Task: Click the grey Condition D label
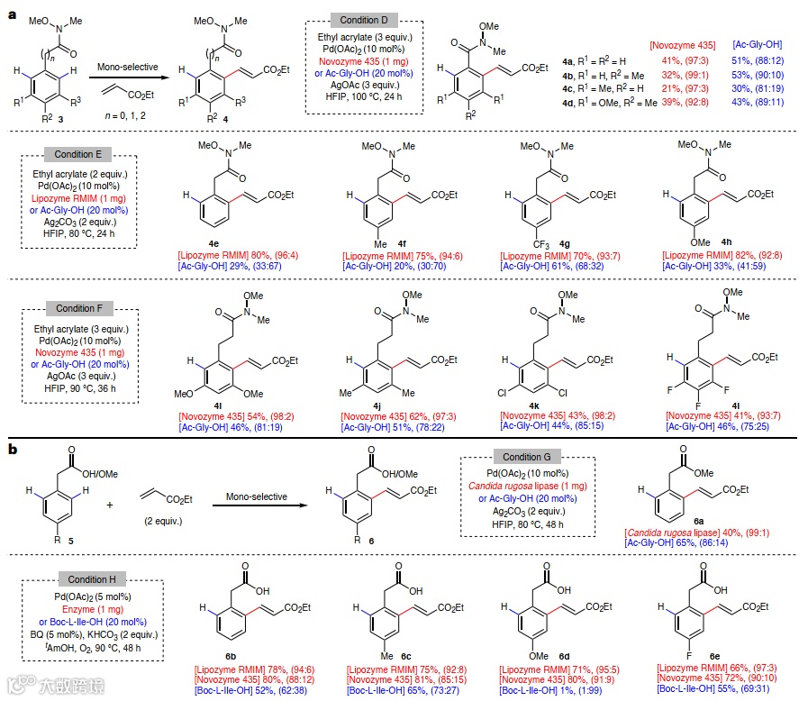tap(360, 19)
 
